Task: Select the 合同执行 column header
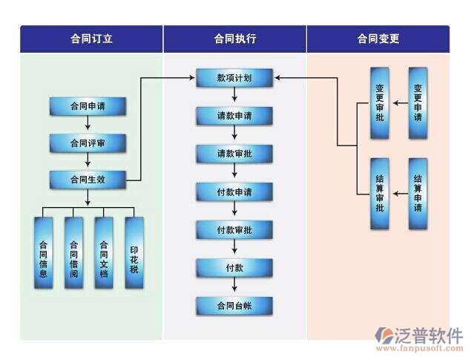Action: (x=234, y=39)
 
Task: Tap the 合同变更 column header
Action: (x=378, y=39)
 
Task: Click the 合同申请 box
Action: (x=88, y=106)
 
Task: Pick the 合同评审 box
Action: (x=88, y=143)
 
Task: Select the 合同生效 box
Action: (x=88, y=179)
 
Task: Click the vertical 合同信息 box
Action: (x=44, y=253)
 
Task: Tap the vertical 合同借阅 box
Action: (x=73, y=253)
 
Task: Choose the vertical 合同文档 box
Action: (x=104, y=253)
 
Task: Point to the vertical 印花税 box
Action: (x=134, y=253)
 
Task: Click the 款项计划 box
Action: (x=234, y=77)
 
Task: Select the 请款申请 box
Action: (x=234, y=116)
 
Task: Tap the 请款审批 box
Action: (x=234, y=154)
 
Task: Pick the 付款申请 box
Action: (x=234, y=192)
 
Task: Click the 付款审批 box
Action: (x=234, y=230)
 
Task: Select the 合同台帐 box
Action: (x=234, y=306)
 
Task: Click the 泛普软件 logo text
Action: (x=432, y=335)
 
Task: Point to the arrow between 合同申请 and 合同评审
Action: (x=88, y=125)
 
